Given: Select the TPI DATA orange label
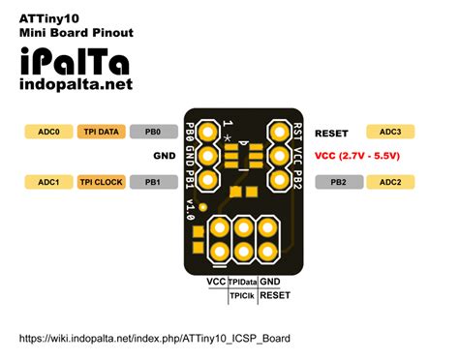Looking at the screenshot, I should tap(102, 131).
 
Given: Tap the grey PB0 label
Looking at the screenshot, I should tap(152, 131).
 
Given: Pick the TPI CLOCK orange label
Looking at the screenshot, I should tap(102, 181).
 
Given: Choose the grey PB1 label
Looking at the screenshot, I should tap(152, 181).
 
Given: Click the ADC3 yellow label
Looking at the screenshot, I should tap(390, 131).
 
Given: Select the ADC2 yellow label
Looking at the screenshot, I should tap(390, 181).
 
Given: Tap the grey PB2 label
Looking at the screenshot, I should tap(338, 181).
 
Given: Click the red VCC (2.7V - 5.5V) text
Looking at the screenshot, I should tap(357, 155).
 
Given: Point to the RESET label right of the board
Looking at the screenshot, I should tap(331, 132).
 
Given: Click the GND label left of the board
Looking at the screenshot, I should tap(164, 155).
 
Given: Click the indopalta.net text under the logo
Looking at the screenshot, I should tap(75, 85).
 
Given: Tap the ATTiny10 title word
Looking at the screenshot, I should tap(49, 16).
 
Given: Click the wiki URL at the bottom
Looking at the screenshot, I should tap(154, 338).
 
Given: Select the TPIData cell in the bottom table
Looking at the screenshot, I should tap(242, 281).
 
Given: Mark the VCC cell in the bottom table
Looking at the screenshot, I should tap(216, 281).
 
